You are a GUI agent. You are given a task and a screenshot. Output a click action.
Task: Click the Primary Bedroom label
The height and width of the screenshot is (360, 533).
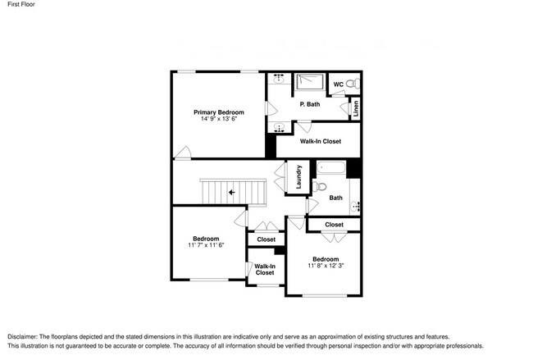[x=219, y=112]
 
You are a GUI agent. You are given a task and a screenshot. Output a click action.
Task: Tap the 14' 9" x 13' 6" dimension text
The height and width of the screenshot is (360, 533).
[x=219, y=119]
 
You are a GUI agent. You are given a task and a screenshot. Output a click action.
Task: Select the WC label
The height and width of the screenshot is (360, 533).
[x=338, y=84]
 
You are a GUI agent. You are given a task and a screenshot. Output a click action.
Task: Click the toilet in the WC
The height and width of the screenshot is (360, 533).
[x=354, y=84]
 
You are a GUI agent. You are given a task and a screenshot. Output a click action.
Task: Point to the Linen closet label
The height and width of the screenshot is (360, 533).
[x=356, y=109]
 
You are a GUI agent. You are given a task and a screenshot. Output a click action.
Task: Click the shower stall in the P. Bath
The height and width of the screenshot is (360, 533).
[x=309, y=81]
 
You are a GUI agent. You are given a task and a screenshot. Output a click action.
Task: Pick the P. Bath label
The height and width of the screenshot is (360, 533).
[x=310, y=104]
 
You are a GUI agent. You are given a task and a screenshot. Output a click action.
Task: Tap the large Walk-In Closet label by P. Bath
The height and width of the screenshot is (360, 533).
[x=320, y=141]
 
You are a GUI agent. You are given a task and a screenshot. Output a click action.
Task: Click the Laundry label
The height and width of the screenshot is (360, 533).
[x=298, y=177]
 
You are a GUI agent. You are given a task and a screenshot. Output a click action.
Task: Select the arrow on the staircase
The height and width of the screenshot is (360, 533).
[x=232, y=193]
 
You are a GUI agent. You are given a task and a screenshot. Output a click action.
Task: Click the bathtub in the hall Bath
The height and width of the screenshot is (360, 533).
[x=331, y=168]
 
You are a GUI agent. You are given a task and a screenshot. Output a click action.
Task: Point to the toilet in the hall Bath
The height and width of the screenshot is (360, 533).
[x=320, y=186]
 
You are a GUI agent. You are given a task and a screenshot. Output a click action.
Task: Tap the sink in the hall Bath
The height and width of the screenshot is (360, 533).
[x=355, y=206]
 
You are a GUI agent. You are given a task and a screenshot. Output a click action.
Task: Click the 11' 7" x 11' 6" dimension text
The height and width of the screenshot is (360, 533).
[x=206, y=245]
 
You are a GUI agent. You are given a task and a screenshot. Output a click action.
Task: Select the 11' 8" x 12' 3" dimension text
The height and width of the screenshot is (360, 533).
[x=326, y=266]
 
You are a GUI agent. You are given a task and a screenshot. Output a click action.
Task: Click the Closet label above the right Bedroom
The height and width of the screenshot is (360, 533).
[x=334, y=225]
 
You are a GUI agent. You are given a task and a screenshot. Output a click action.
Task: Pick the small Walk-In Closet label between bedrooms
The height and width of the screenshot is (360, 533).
[x=265, y=270]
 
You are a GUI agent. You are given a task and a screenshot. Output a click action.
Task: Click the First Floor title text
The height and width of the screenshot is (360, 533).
[x=21, y=4]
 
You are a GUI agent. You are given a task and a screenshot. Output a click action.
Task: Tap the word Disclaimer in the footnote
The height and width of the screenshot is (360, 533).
[x=22, y=337]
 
